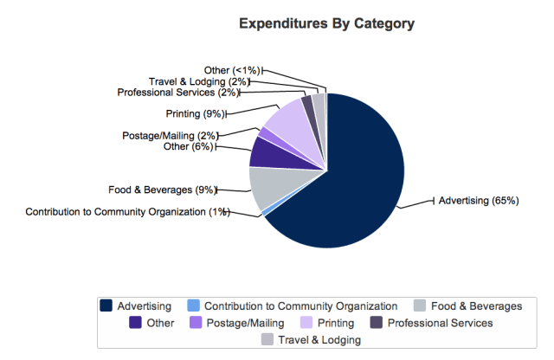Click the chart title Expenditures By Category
[326, 23]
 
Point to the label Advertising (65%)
[479, 201]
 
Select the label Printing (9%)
[195, 113]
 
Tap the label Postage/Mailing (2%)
[170, 135]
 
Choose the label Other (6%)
[187, 147]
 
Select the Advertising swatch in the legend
[106, 305]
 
